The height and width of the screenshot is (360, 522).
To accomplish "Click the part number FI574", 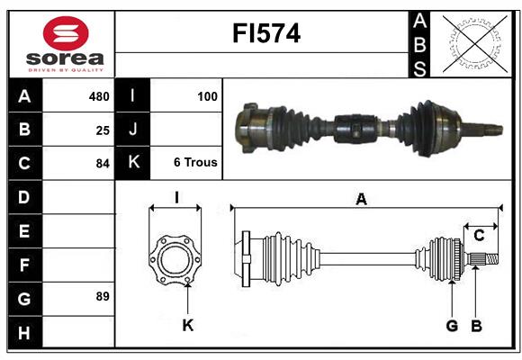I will [266, 34].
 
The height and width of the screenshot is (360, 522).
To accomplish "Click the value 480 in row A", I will [98, 96].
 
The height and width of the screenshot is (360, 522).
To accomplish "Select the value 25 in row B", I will [103, 130].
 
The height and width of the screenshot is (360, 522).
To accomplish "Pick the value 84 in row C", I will [103, 164].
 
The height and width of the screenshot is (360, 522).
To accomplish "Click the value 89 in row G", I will [103, 296].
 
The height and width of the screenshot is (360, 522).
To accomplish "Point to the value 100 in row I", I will [207, 95].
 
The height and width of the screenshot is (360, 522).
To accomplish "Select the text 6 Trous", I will [195, 163].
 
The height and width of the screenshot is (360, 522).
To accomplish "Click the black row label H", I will [24, 333].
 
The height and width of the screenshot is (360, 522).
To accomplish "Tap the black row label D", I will [24, 197].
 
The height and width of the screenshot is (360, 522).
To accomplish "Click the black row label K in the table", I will [133, 163].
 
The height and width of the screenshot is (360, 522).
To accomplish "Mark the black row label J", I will [133, 130].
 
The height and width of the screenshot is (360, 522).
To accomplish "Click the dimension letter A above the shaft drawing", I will [362, 200].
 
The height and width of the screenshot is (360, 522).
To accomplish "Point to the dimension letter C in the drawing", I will [479, 236].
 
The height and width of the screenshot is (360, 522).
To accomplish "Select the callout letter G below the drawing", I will [452, 326].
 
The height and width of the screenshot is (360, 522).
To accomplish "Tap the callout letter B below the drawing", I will [476, 326].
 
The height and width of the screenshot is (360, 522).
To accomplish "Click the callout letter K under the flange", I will [187, 326].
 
